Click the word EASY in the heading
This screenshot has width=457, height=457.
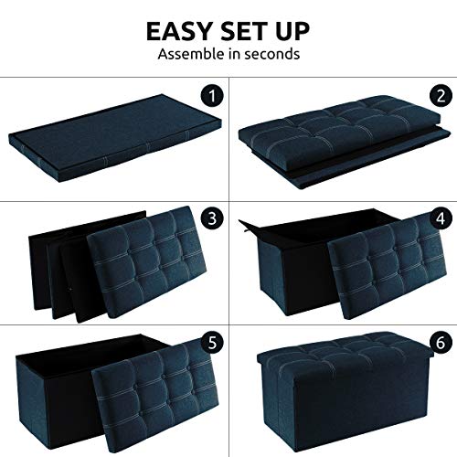tap(179, 31)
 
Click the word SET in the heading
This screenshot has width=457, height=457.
tap(244, 31)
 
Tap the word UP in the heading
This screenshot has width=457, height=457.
tap(292, 31)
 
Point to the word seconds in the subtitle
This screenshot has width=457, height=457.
tap(272, 54)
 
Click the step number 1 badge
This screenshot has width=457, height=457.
tap(212, 96)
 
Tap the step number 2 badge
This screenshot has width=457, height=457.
tap(441, 96)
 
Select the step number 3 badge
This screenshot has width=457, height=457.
tap(212, 218)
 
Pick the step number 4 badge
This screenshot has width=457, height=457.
tap(441, 218)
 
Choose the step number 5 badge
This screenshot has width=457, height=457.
tap(212, 342)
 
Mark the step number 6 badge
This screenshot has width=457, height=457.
tap(441, 342)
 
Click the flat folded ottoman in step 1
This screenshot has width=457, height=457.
tap(115, 139)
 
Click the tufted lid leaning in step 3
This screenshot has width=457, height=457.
tap(147, 263)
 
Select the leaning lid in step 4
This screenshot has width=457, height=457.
tap(387, 266)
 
